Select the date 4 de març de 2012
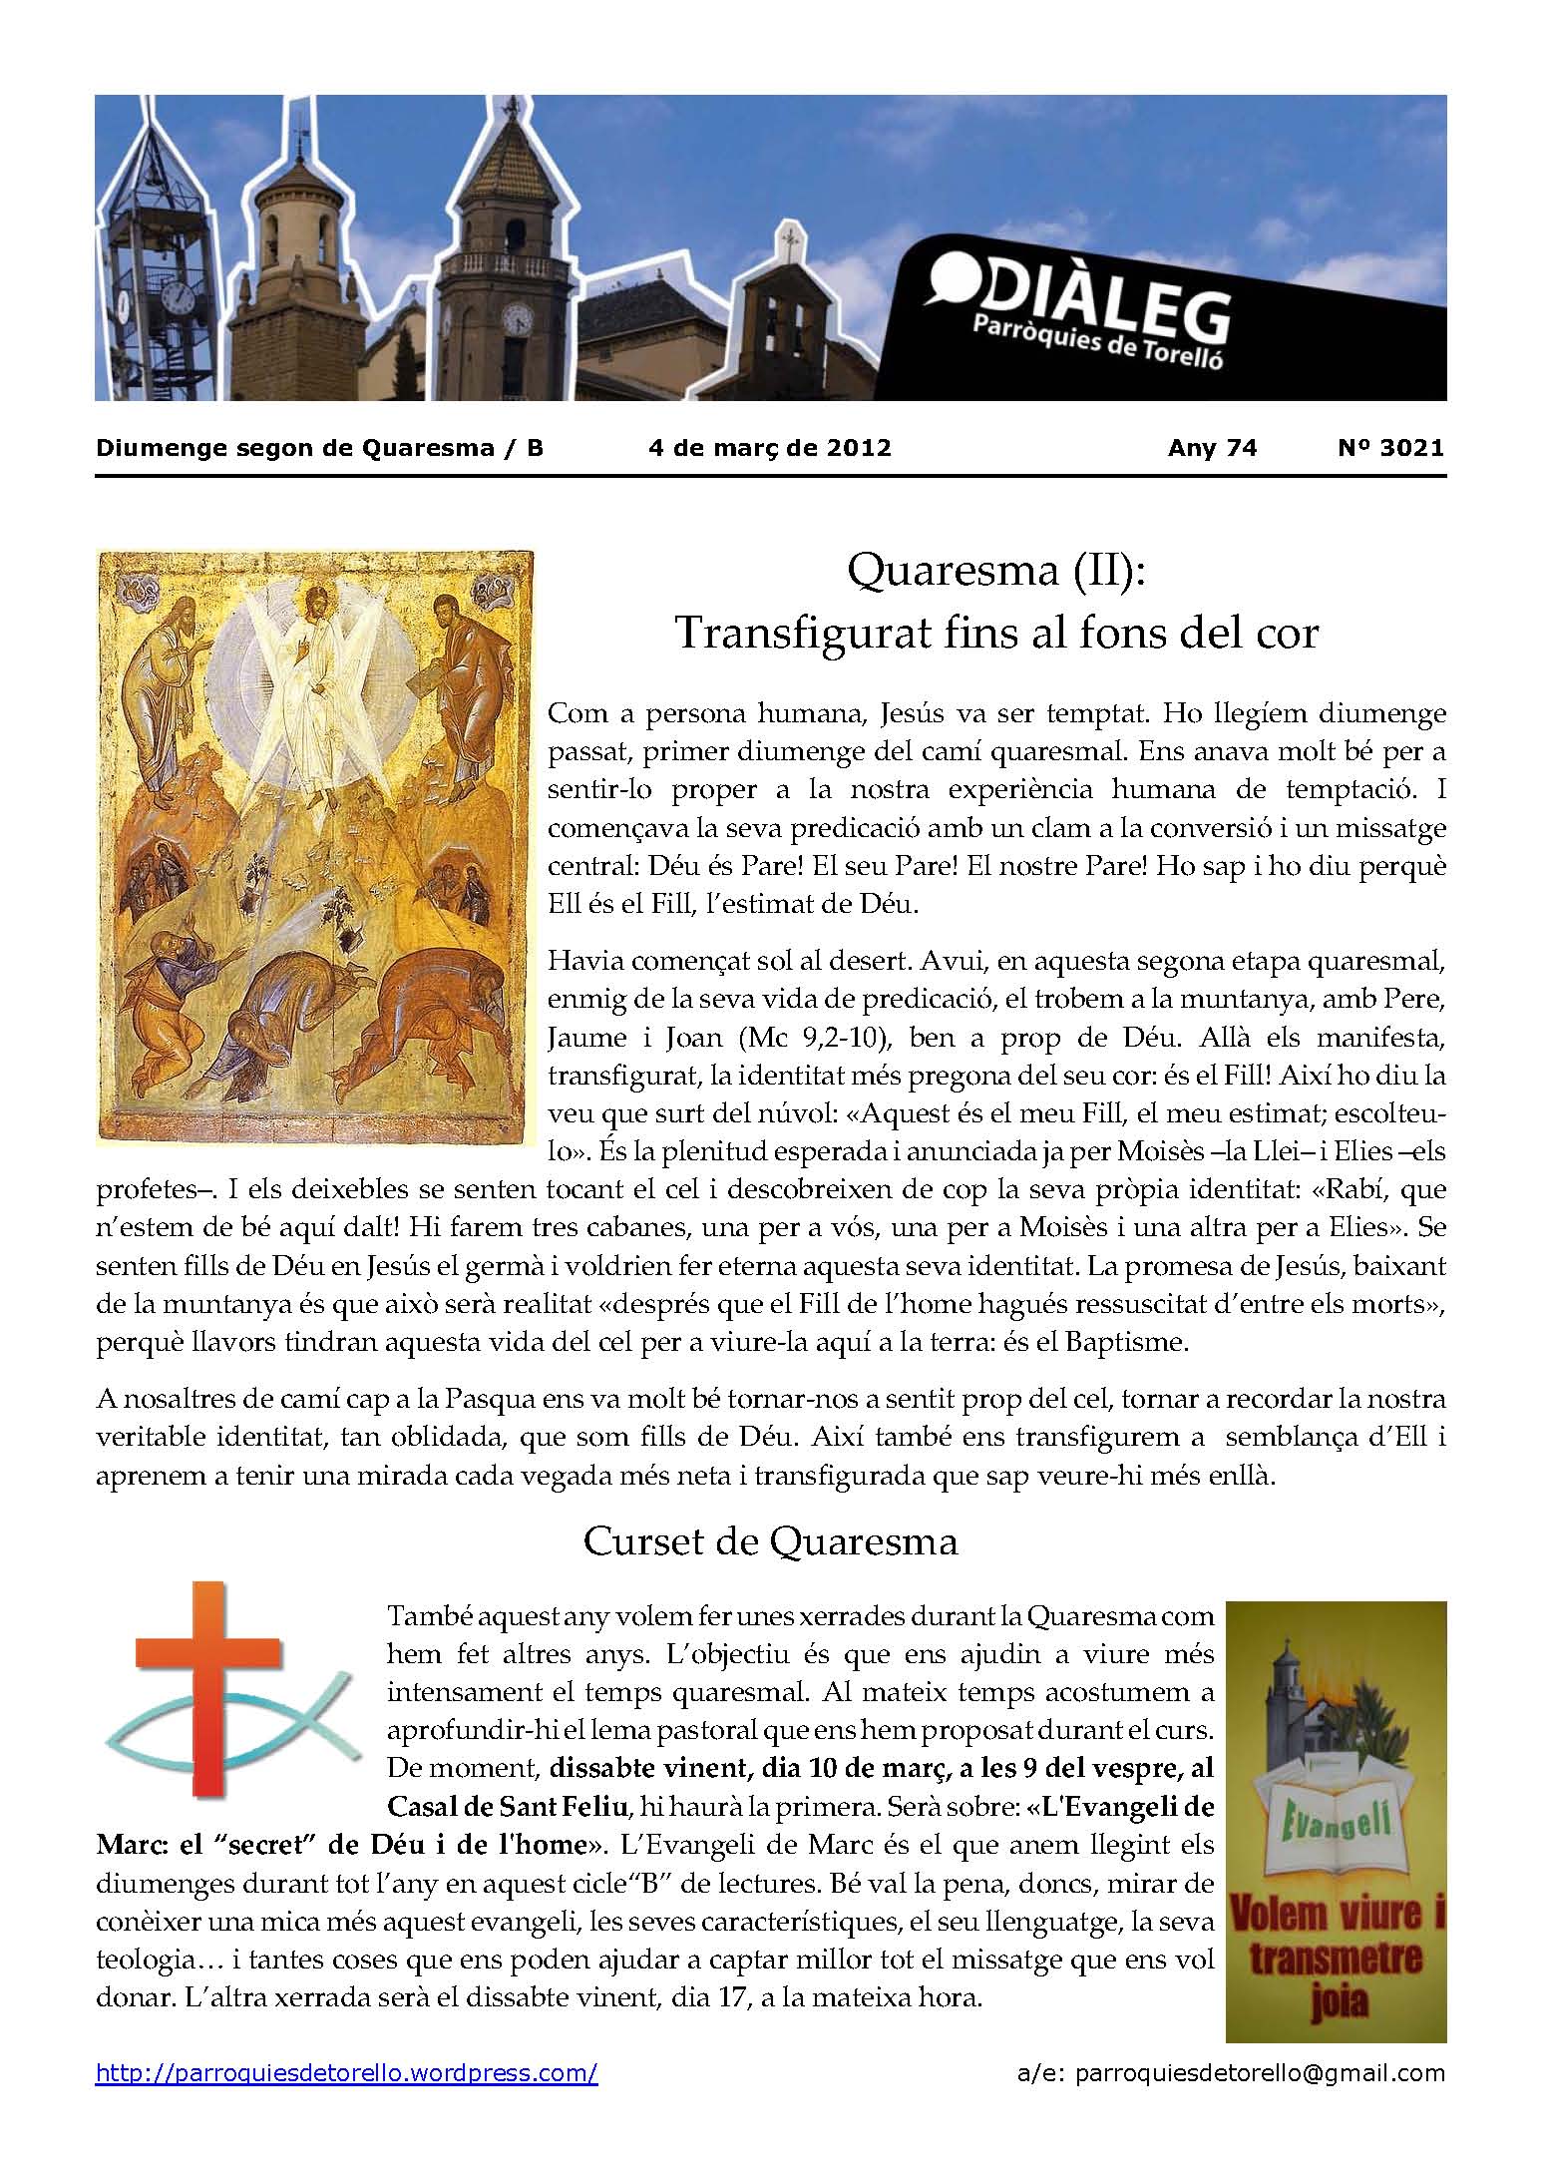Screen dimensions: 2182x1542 [x=769, y=448]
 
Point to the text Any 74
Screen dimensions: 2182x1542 [x=1212, y=448]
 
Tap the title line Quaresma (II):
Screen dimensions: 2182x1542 [x=996, y=572]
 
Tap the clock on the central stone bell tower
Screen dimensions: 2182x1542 [x=518, y=319]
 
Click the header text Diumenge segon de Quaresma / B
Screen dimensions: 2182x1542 [x=319, y=448]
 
